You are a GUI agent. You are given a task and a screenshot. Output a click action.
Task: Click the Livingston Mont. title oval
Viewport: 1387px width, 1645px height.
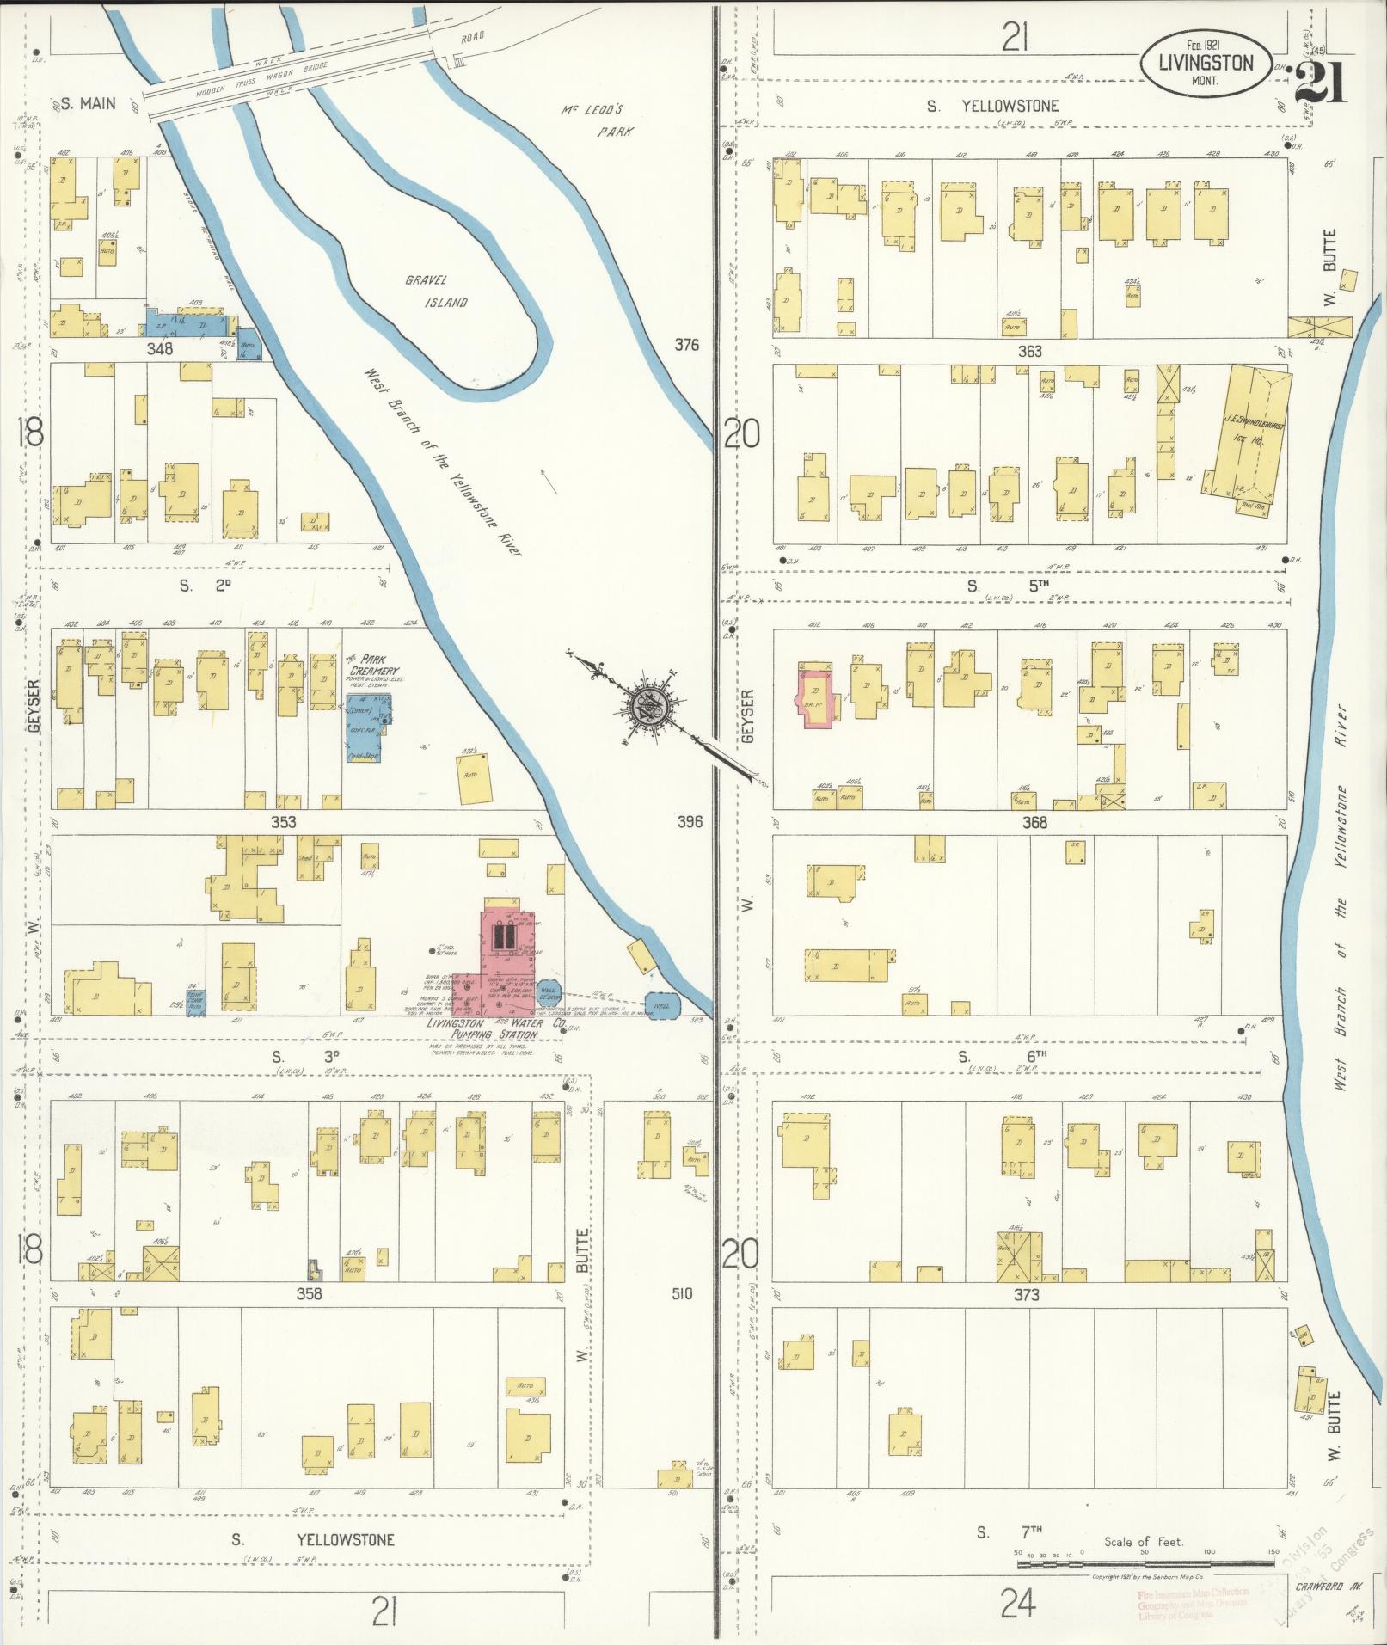click(1206, 63)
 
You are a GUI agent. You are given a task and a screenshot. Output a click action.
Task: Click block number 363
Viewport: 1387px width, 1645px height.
click(1029, 351)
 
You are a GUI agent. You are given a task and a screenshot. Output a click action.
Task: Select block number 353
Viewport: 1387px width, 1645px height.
click(283, 822)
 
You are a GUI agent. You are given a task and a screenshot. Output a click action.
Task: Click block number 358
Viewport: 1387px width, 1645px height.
click(308, 1293)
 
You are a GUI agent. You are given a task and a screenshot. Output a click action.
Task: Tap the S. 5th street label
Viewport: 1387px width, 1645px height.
click(1006, 586)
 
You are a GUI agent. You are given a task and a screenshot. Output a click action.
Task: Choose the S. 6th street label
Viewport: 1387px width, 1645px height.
click(1003, 1056)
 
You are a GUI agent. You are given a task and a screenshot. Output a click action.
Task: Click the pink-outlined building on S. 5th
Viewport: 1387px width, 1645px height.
click(813, 693)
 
